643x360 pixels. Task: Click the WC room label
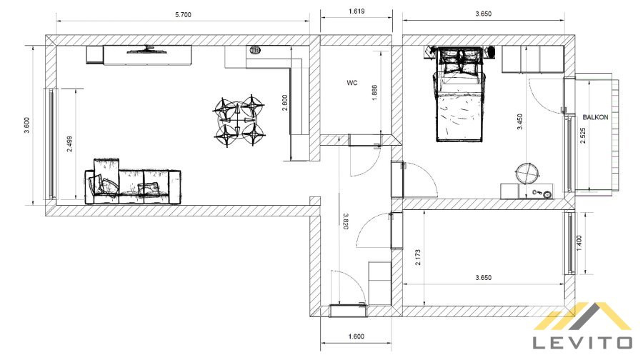pyautogui.click(x=352, y=83)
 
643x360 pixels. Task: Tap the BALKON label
pyautogui.click(x=595, y=117)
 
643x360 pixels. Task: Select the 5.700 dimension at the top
pyautogui.click(x=183, y=15)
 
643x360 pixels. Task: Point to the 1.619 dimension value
pyautogui.click(x=357, y=11)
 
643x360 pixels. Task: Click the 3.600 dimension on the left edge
pyautogui.click(x=27, y=126)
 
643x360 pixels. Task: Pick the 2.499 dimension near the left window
pyautogui.click(x=70, y=144)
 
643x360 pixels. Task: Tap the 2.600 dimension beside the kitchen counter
pyautogui.click(x=285, y=103)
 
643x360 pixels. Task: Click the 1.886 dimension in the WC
pyautogui.click(x=374, y=93)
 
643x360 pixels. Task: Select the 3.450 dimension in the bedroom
pyautogui.click(x=520, y=121)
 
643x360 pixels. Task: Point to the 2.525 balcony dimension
pyautogui.click(x=583, y=136)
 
